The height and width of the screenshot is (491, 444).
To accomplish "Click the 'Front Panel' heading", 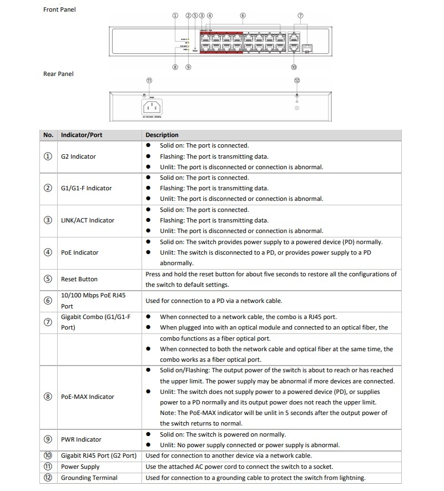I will coord(59,9).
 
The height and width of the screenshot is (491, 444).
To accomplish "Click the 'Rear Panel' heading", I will coord(58,74).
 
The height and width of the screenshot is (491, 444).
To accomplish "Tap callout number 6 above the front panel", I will coord(243,16).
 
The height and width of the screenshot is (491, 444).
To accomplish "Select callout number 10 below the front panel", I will coord(294,67).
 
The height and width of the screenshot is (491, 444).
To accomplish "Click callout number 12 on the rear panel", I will coord(297,80).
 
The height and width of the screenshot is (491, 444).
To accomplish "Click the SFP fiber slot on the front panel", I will coord(308,48).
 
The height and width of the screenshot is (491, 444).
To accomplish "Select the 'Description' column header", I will coord(162,135).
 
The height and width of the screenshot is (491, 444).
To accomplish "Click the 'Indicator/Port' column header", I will coord(82,135).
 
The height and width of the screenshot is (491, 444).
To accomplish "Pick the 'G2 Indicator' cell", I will coord(78,156).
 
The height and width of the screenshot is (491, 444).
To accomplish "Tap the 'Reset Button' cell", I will coord(79,279).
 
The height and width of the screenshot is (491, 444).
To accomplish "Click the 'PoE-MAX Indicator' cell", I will coord(88,397).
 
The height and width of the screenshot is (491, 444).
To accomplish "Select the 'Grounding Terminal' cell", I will coord(89,478).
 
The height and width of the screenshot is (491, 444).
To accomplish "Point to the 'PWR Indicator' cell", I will coord(81,439).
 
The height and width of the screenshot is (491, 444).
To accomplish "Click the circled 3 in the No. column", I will coord(48,220).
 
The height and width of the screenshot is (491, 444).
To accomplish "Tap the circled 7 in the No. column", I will coord(48,322).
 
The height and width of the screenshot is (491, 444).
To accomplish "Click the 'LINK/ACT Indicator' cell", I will coord(88,220).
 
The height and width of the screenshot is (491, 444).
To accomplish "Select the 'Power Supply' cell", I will coord(80,467).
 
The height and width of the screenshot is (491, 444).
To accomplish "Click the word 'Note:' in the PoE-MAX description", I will coord(169,413).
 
